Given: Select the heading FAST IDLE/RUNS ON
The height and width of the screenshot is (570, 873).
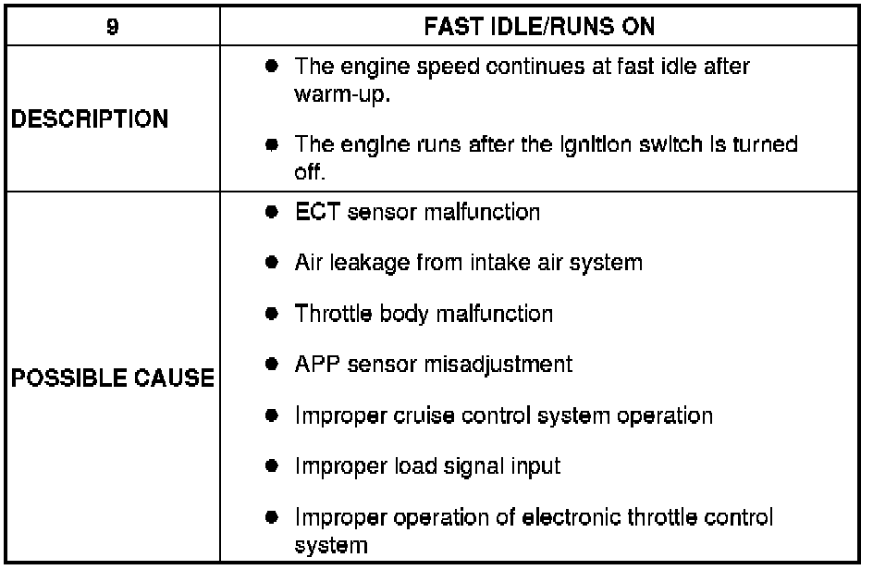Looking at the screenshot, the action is pos(539,27).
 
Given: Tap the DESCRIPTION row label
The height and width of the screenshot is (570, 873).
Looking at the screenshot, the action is pos(91,119).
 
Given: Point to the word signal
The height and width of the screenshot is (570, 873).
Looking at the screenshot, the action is pos(459,465).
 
